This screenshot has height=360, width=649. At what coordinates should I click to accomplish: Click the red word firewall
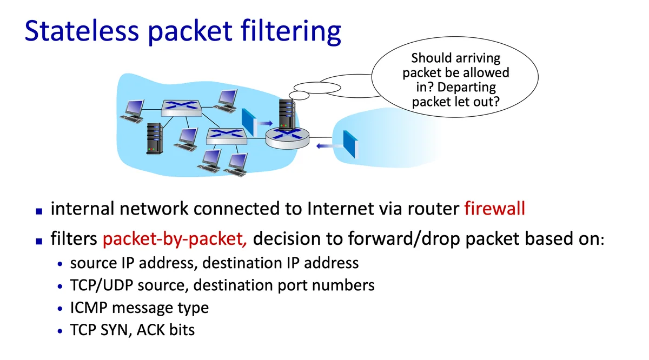(494, 209)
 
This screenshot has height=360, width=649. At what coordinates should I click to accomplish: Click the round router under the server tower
(287, 138)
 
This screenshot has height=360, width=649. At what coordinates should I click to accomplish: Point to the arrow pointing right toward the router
(264, 123)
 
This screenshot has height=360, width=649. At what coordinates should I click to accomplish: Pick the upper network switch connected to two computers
(181, 108)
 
